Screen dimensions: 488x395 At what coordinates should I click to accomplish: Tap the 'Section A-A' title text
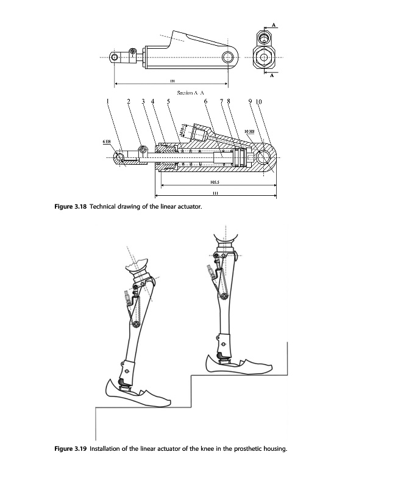coord(190,93)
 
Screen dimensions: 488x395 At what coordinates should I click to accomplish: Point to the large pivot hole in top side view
coord(229,58)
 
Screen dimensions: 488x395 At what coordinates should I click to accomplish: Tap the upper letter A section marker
coord(274,24)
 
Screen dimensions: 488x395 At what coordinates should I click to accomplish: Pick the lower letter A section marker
coord(272,76)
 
